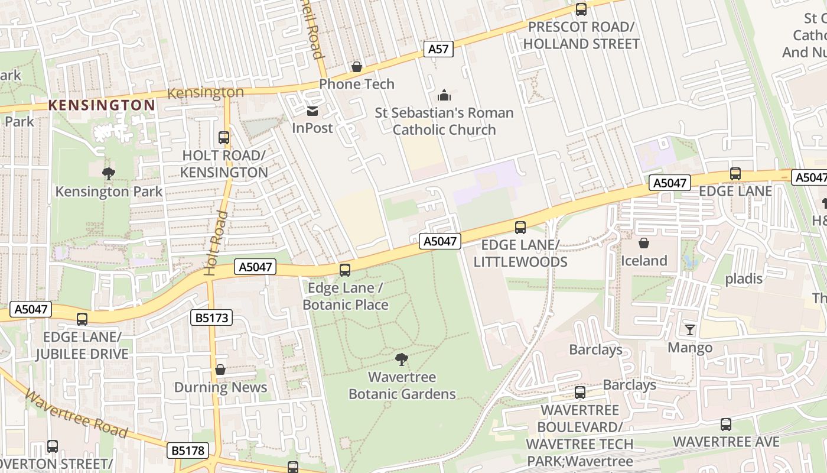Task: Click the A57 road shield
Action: (438, 49)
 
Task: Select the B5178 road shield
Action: (188, 451)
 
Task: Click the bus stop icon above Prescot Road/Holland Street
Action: (581, 9)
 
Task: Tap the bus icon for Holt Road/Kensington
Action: (224, 138)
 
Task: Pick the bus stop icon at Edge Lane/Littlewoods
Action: (520, 228)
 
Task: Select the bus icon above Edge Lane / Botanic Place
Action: (345, 270)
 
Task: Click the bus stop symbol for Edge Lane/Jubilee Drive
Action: (82, 319)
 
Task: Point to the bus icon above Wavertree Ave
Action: (726, 425)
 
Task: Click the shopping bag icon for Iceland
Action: (644, 243)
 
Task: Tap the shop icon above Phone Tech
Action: (357, 67)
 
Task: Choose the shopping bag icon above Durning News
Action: (220, 370)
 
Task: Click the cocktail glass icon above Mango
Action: (689, 330)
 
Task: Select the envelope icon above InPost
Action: (312, 111)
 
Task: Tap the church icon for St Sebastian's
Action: (444, 95)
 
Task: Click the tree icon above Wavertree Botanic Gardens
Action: (402, 359)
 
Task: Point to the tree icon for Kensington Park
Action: (109, 174)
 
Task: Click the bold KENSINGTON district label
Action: (102, 106)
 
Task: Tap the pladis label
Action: (744, 278)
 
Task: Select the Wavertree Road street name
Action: (77, 414)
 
